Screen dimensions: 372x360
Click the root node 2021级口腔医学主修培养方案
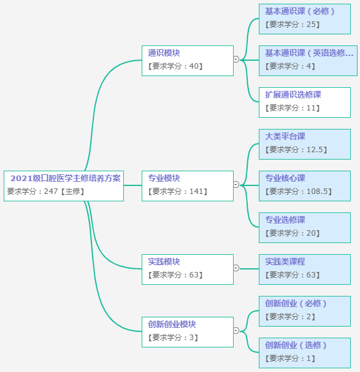pos(64,185)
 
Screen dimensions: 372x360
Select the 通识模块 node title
pos(164,53)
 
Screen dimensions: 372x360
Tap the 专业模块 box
pos(187,185)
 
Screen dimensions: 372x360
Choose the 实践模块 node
pos(187,268)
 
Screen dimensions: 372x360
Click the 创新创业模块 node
pos(187,331)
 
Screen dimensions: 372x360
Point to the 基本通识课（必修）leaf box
pos(304,18)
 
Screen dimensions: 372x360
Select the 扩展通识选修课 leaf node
pos(304,101)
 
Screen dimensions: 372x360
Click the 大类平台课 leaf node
pos(304,143)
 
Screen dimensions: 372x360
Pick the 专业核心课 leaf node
pos(304,185)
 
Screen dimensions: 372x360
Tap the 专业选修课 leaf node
pos(304,227)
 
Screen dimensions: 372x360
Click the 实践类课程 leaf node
pos(304,268)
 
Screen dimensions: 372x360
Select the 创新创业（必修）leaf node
pos(304,310)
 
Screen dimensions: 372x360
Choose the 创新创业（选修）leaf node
pos(304,352)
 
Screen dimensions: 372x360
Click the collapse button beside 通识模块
pos(236,60)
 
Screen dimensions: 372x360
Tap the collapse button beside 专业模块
pos(236,184)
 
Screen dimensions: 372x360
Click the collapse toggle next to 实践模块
pos(236,268)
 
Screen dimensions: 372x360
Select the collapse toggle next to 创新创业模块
pos(236,330)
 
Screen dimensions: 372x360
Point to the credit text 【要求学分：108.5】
pos(298,192)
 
